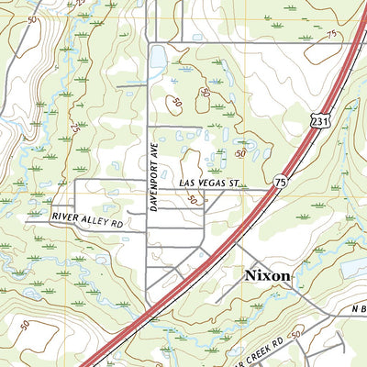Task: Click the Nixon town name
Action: click(267, 275)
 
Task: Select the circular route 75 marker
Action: click(278, 184)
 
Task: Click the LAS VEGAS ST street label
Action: click(209, 183)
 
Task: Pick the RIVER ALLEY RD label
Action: click(87, 221)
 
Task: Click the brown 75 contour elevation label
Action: click(331, 34)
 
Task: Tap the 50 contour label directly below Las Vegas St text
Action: click(193, 198)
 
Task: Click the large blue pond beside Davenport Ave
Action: click(159, 60)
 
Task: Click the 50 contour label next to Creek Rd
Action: click(295, 339)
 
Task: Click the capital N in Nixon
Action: click(250, 275)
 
